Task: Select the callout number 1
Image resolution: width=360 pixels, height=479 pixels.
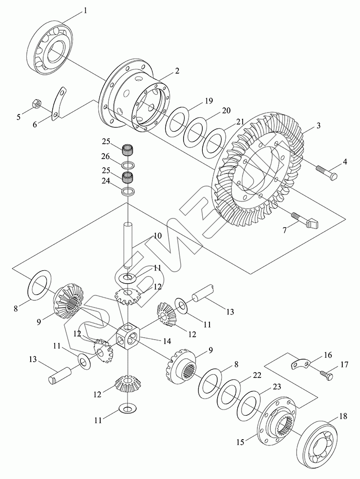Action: [x=85, y=11]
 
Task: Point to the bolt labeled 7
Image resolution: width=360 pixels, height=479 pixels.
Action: [x=305, y=220]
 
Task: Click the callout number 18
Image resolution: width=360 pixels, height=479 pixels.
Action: [x=343, y=416]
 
